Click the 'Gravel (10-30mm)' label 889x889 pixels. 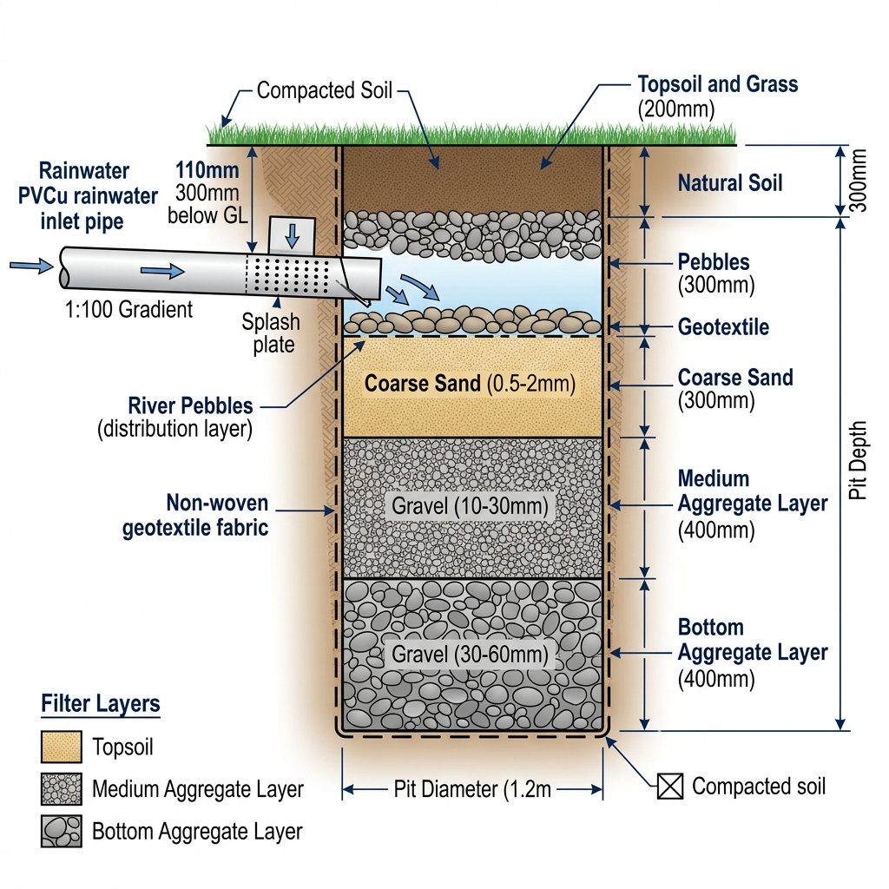click(x=470, y=506)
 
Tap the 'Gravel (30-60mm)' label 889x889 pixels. click(x=470, y=655)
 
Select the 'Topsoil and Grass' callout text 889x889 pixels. click(x=718, y=84)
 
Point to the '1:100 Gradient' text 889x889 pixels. click(x=128, y=310)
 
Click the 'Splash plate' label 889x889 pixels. click(x=271, y=333)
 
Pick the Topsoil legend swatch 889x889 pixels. click(x=62, y=747)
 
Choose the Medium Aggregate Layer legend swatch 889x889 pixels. click(x=62, y=788)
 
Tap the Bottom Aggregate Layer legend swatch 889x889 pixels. click(x=62, y=831)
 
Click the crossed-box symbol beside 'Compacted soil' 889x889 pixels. click(x=670, y=787)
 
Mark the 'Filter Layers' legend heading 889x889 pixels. click(x=101, y=703)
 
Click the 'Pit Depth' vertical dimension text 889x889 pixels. click(x=858, y=460)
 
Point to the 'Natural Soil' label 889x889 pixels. click(x=730, y=183)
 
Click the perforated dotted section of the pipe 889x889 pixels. click(x=289, y=275)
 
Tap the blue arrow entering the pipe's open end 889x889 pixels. click(x=32, y=265)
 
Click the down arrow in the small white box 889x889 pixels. click(x=293, y=235)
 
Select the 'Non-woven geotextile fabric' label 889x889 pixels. click(x=195, y=516)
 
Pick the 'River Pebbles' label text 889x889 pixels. click(x=190, y=406)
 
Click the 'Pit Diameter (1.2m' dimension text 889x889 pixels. click(x=472, y=789)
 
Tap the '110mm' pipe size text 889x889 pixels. click(x=207, y=170)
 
